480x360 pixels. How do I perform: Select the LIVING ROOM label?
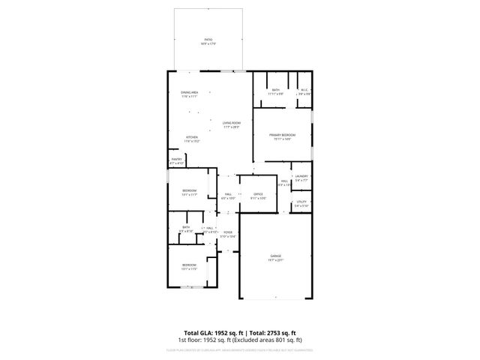pos(231,123)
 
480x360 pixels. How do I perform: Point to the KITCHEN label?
pos(192,137)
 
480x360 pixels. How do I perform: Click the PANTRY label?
pos(176,159)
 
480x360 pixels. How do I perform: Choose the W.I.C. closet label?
pos(304,91)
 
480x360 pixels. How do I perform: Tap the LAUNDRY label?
pos(301,176)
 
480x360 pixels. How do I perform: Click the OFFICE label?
pos(258,194)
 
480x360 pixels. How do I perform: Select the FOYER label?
pos(227,232)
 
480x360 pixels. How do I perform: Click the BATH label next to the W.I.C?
pos(276,91)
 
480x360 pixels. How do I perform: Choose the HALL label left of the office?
pos(228,194)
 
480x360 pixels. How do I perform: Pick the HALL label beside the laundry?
pos(285,181)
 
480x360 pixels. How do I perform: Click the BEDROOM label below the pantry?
pos(189,190)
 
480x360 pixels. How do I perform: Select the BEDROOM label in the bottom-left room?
pos(188,264)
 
